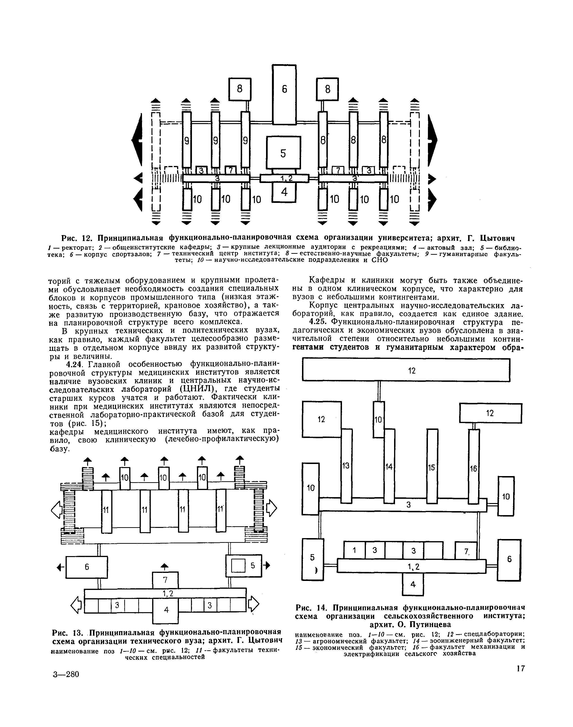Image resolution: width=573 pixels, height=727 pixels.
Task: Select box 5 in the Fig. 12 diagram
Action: [284, 153]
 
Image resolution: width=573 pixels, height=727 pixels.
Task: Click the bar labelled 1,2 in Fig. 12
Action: [284, 178]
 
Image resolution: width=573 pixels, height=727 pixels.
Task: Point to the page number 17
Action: [520, 675]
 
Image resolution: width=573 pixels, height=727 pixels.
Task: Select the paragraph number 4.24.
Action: [75, 364]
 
